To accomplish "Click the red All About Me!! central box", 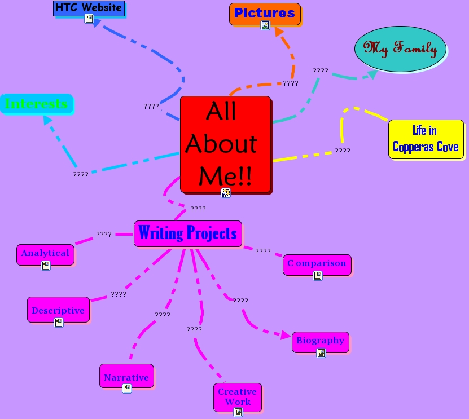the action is coord(225,144).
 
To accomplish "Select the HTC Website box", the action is coord(89,8).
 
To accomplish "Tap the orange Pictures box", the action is coord(264,13).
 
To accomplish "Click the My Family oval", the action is coord(400,49).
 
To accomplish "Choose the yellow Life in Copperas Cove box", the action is coord(426,139).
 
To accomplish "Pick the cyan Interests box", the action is coord(36,104).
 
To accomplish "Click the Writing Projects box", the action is coord(187,233).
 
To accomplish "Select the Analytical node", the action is coord(45,253).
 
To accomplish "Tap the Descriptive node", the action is coord(58,310).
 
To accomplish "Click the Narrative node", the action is coord(126,377).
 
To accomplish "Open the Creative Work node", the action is coord(237,396).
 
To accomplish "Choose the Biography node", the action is coord(320,341).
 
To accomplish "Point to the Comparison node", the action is coord(317,263).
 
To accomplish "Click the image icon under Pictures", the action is coord(265,25).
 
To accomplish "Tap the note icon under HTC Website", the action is coord(89,19).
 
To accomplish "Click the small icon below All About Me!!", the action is coord(226,193).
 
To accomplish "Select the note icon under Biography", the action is coord(321,352).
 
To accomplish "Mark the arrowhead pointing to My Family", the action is coord(372,74).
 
